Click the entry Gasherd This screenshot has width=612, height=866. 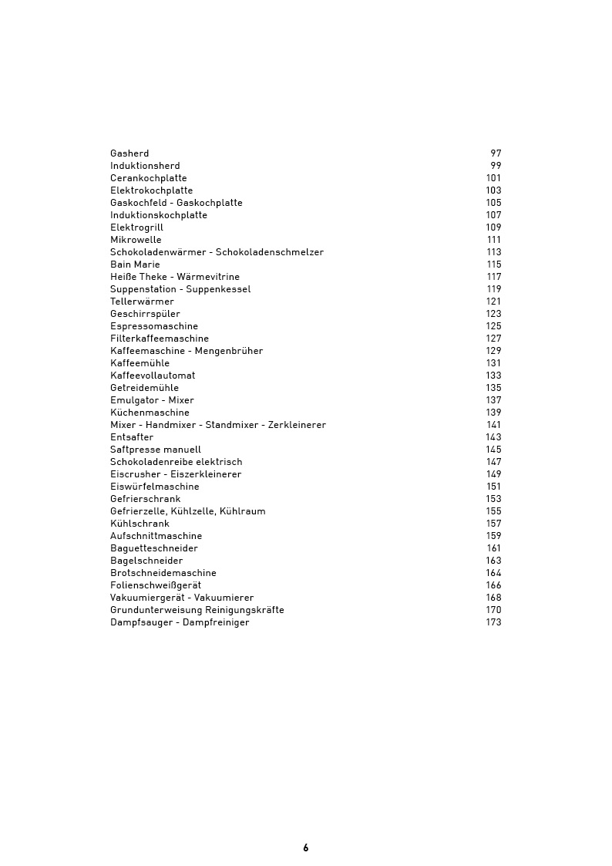coord(129,153)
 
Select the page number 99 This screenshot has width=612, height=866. coord(496,166)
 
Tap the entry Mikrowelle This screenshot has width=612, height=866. coord(136,240)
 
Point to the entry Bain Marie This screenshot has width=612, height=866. coord(135,265)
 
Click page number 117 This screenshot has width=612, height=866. coord(493,277)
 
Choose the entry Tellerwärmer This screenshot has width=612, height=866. coord(142,302)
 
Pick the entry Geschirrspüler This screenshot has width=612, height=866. coord(145,314)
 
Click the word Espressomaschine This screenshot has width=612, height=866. coord(154,326)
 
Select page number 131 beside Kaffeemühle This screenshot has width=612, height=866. coord(493,363)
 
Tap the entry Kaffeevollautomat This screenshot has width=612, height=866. coord(153,376)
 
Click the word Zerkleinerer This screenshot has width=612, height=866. coord(297,425)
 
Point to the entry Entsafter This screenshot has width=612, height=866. coord(132,437)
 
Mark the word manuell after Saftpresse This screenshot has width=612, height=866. coord(182,450)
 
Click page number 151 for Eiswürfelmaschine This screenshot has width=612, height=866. coord(493,487)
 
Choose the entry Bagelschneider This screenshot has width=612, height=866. coord(146,561)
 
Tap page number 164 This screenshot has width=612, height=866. coord(493,573)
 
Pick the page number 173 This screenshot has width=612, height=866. coord(493,622)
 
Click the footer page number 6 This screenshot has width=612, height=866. coord(306,847)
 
